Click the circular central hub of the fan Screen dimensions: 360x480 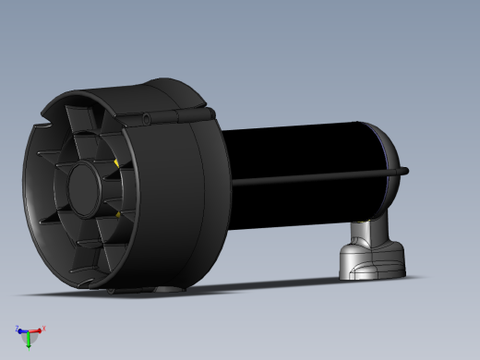click(x=84, y=188)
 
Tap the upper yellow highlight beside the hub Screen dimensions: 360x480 click(x=115, y=164)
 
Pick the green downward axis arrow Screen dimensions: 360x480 click(x=29, y=342)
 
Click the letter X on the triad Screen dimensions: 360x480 click(x=43, y=328)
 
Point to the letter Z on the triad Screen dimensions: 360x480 click(x=17, y=327)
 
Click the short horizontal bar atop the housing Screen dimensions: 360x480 click(x=185, y=114)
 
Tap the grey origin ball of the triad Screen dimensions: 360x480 click(x=29, y=331)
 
